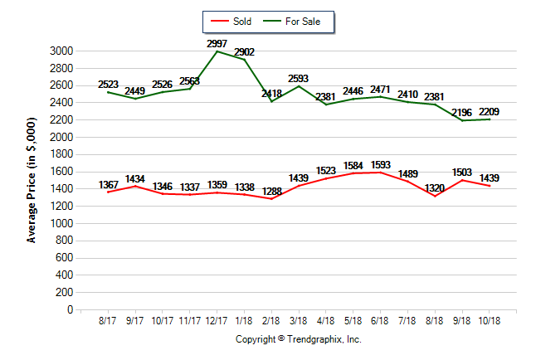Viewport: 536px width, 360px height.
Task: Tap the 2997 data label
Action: pos(217,42)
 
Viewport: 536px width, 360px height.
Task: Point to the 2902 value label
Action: pos(244,51)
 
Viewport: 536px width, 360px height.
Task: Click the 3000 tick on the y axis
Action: pos(61,51)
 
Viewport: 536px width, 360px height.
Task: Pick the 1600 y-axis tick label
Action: pos(61,172)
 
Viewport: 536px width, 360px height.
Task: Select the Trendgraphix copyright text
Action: pos(298,339)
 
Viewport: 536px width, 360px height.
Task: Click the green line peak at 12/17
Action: pos(217,51)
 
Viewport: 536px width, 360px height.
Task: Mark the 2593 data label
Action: pos(299,78)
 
